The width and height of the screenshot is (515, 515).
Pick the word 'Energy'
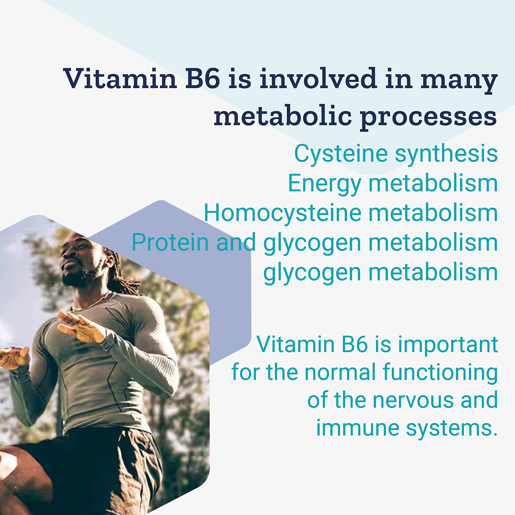(325, 184)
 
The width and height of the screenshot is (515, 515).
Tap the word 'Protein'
(170, 242)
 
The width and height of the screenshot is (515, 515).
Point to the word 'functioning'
(440, 372)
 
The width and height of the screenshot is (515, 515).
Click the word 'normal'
(340, 372)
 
